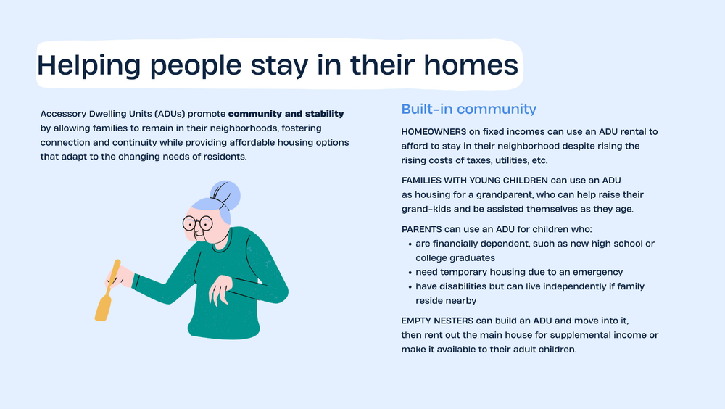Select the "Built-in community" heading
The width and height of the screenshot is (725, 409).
point(468,110)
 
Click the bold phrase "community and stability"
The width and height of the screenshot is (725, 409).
point(286,114)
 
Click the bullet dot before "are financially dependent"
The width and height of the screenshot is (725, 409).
point(410,244)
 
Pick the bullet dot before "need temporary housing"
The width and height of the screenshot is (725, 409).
point(410,273)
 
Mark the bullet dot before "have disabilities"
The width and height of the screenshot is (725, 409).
point(410,286)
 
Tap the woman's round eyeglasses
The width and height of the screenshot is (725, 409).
point(197,223)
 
